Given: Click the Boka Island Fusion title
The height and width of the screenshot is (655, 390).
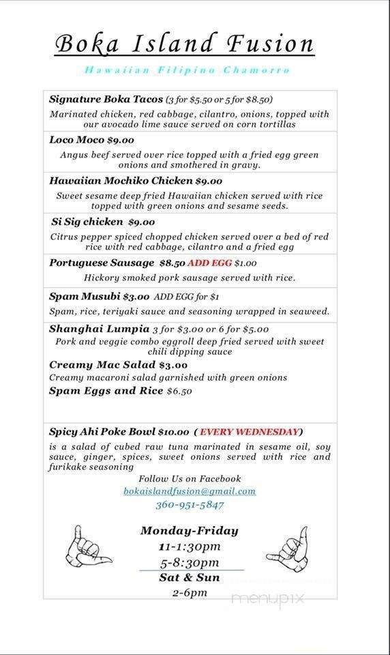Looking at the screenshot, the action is click(184, 45).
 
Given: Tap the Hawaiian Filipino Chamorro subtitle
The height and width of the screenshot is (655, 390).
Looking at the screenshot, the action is click(187, 70).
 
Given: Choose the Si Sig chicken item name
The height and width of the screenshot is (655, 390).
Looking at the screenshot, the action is click(87, 221).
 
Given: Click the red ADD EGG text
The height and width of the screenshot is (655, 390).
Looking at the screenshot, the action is click(211, 263).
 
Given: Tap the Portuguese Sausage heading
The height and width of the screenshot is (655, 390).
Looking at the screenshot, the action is click(102, 263).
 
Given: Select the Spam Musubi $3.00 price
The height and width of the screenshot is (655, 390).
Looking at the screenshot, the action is click(136, 296).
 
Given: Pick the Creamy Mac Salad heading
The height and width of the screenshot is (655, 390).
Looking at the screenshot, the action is click(102, 365).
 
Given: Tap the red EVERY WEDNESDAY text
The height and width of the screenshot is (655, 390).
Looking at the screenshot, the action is click(250, 431).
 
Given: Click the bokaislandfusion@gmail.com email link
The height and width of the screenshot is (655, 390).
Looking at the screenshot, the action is click(190, 491).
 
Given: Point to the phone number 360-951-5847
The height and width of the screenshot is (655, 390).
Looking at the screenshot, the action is click(190, 505).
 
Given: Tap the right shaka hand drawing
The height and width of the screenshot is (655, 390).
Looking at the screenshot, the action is click(287, 548).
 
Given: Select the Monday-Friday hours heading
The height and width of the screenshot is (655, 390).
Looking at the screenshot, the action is click(189, 530).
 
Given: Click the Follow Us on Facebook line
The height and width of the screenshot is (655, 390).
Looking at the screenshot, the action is click(190, 478).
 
